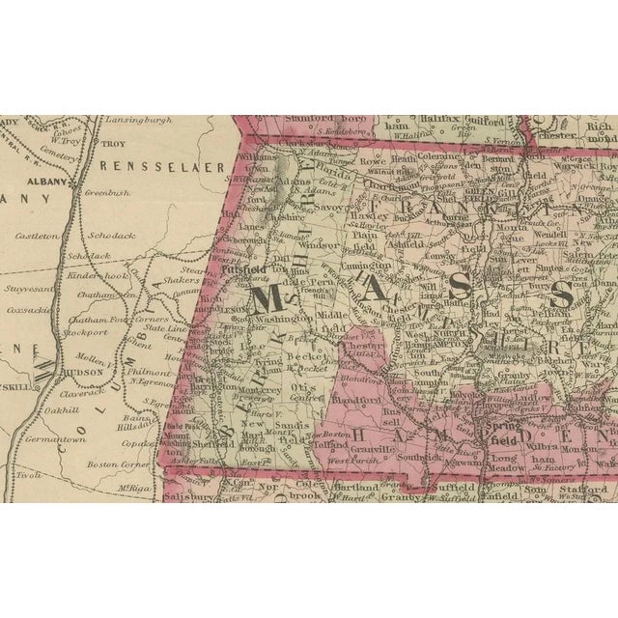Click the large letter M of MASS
(x=271, y=299)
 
